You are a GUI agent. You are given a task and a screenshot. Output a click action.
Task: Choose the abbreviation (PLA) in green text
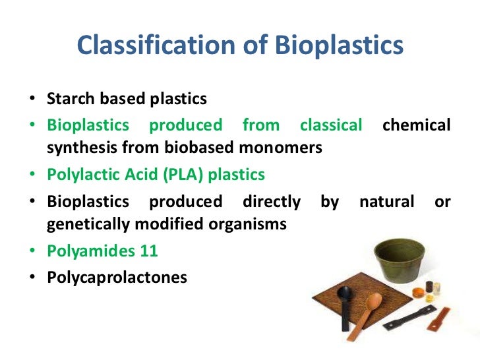[175, 175]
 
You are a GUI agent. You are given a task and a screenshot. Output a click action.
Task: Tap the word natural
[386, 200]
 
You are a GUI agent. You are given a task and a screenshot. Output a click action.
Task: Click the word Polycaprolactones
[117, 277]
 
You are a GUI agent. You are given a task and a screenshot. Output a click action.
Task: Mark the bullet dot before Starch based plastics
[32, 100]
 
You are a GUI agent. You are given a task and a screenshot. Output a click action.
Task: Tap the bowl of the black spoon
[347, 309]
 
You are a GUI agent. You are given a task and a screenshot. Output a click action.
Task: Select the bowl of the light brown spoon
[373, 303]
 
